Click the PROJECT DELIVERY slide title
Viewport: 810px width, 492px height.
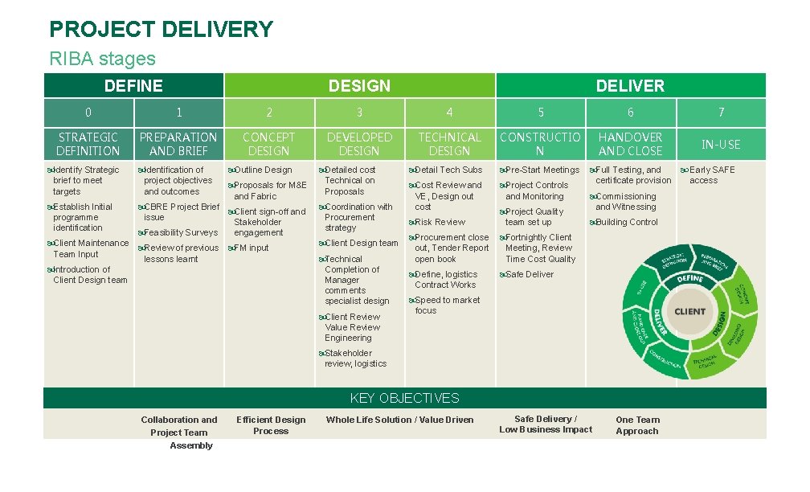click(161, 30)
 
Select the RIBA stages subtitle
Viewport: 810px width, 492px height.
click(102, 59)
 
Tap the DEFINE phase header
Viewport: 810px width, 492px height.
click(133, 86)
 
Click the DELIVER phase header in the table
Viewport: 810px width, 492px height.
click(630, 86)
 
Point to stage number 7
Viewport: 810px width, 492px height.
click(721, 113)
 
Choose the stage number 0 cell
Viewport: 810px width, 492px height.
click(88, 113)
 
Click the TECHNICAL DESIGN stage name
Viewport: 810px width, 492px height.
click(449, 144)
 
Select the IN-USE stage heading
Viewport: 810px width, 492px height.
click(721, 145)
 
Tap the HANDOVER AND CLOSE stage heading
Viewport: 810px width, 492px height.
click(630, 144)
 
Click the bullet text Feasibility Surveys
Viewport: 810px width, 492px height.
click(180, 232)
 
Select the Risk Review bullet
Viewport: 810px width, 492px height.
click(440, 222)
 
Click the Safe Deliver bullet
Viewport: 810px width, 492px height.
click(529, 274)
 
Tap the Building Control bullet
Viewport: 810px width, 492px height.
click(626, 222)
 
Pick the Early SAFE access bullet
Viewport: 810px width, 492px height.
click(711, 174)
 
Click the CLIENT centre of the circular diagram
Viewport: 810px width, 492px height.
click(689, 311)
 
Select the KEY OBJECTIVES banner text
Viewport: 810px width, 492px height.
click(404, 398)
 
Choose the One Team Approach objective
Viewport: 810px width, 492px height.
click(637, 425)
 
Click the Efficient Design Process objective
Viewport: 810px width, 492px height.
click(271, 425)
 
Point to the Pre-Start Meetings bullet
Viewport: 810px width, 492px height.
click(542, 170)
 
